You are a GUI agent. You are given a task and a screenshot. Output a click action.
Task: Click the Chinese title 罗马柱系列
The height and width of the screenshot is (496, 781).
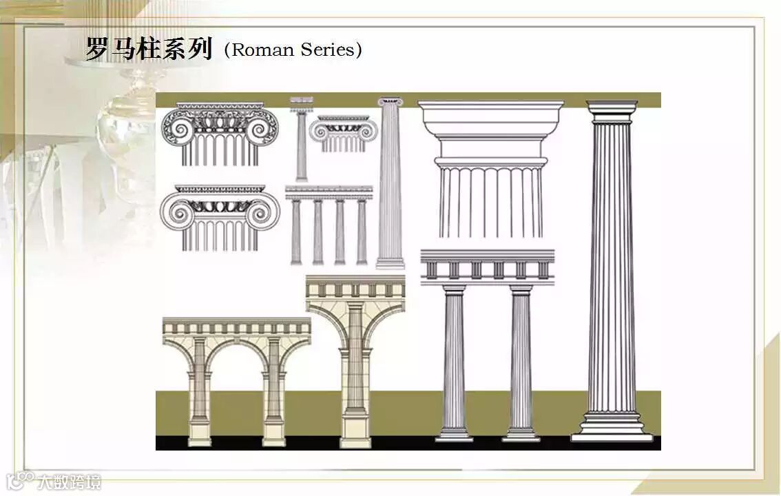click(148, 49)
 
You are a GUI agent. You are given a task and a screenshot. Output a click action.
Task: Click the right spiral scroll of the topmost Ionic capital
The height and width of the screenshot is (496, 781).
click(263, 127)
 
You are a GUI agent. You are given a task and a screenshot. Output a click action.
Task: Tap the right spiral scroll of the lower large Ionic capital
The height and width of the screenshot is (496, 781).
click(265, 209)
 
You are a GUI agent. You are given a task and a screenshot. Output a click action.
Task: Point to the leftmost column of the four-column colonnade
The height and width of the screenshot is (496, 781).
click(296, 231)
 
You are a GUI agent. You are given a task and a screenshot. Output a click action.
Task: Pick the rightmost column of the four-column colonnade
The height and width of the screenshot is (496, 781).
click(362, 231)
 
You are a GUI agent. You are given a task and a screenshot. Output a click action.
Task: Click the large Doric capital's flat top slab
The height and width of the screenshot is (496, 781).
click(490, 107)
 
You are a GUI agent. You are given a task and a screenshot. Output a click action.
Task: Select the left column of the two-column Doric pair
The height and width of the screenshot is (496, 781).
click(454, 362)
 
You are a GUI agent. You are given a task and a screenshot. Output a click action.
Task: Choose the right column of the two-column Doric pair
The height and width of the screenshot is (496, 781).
click(521, 362)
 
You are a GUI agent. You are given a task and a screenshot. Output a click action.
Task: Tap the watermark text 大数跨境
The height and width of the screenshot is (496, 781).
click(69, 482)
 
